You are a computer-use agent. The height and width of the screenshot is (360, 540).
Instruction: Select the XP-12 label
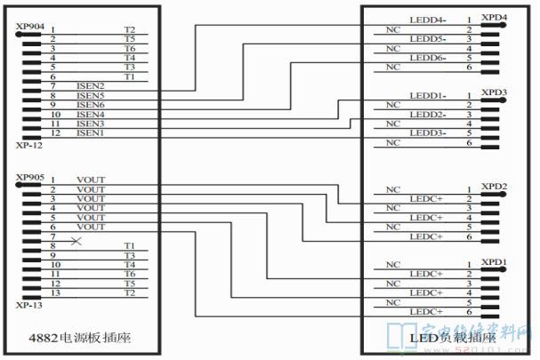(28, 144)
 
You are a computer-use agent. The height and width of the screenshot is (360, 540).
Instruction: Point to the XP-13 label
(28, 304)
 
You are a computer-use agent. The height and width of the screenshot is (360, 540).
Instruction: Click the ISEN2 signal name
(90, 85)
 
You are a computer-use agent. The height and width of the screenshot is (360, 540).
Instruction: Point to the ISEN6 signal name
(90, 104)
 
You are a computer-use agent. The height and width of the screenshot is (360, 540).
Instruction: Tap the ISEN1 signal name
(90, 132)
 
